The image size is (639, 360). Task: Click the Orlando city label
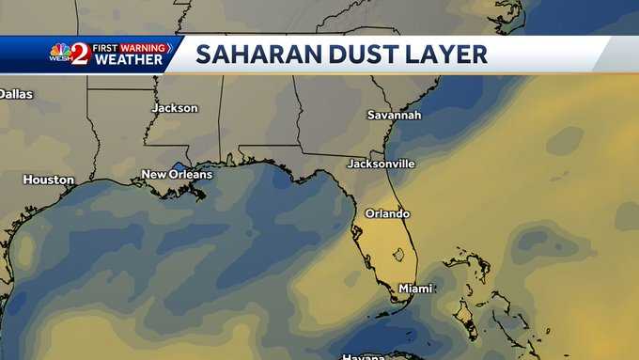click(x=387, y=213)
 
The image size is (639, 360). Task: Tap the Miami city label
click(x=414, y=288)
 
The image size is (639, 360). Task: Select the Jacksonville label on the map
click(x=381, y=164)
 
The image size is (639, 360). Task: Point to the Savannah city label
click(x=395, y=115)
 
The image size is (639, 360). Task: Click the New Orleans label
click(x=177, y=174)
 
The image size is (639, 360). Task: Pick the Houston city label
click(x=48, y=180)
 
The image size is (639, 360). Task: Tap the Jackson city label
click(x=175, y=108)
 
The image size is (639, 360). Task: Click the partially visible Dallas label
click(x=15, y=94)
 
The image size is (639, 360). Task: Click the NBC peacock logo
click(x=60, y=49)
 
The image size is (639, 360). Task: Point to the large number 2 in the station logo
click(x=80, y=55)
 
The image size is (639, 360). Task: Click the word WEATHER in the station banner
click(x=128, y=60)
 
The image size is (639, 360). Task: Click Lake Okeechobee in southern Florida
click(x=399, y=253)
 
